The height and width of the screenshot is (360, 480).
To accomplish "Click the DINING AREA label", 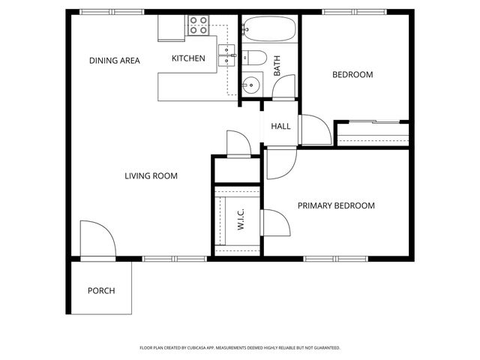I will [114, 61].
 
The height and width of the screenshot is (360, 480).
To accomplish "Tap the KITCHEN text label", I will [188, 58].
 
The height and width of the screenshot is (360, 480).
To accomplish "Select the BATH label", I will [277, 67].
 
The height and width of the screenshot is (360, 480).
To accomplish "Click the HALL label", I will [280, 126].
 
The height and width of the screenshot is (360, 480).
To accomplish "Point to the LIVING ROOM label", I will [151, 176].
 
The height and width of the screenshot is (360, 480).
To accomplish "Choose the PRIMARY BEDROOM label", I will [336, 205].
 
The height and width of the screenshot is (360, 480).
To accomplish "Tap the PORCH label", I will [101, 290].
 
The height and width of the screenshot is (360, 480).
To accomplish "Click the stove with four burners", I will [199, 26].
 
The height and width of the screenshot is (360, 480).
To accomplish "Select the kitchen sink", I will [226, 51].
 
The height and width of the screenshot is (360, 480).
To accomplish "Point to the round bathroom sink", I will [251, 84].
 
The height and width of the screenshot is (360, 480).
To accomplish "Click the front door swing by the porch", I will [96, 240].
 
